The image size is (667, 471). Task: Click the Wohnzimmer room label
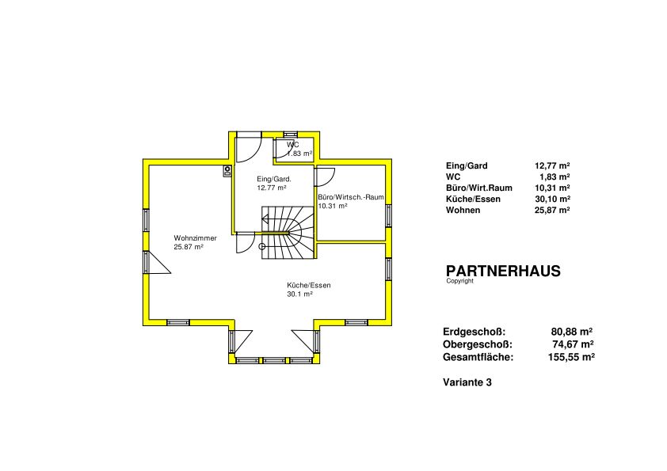195,238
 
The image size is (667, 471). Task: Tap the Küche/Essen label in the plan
309,285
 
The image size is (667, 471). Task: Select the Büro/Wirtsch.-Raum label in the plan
351,197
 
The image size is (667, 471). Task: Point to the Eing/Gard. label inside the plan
274,179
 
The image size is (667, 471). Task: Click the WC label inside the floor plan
292,145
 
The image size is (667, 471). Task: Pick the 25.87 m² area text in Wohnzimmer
189,246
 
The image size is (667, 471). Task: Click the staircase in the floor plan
288,233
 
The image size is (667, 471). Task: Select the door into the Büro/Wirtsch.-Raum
325,177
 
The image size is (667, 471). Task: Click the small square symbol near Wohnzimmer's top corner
228,171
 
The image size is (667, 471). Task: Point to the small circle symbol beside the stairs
262,246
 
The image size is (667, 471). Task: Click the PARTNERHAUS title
503,272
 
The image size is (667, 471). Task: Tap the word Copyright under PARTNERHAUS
459,281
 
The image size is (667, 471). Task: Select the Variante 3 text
467,382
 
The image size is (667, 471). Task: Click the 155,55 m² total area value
571,357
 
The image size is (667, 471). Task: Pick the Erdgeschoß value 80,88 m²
572,332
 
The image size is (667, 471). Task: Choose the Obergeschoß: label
478,344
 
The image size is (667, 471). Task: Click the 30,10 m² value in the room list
553,199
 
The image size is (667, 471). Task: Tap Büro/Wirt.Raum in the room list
479,188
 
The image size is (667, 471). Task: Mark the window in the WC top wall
291,135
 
